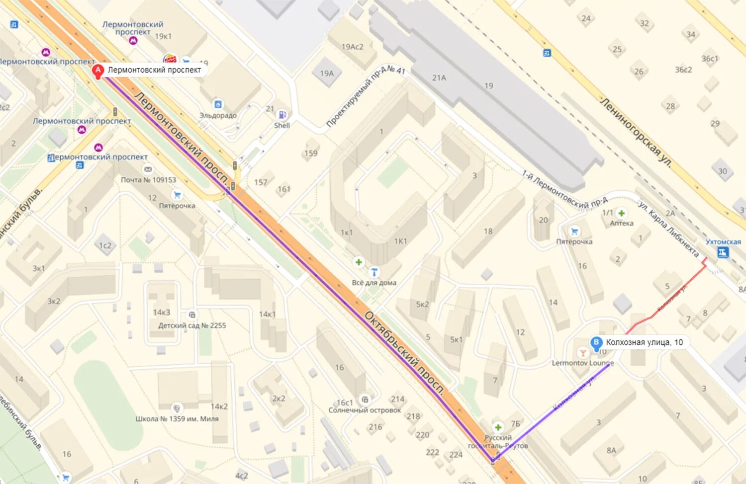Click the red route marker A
coord(98,71)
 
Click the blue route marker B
coord(596,343)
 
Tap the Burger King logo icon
coord(170,59)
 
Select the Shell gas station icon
coord(281,115)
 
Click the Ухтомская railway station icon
coord(723,252)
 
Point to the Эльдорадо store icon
coord(218,104)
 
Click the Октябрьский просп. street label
coord(404,353)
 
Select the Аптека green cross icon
coord(621,213)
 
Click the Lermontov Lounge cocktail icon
coord(582,353)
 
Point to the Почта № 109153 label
coord(148,180)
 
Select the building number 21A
coord(439,78)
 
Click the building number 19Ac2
coord(352,47)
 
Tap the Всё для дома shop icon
coord(374,272)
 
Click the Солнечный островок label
coord(365,410)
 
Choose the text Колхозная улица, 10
coord(644,342)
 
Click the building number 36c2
coord(683,70)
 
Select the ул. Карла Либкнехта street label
coord(668,229)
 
